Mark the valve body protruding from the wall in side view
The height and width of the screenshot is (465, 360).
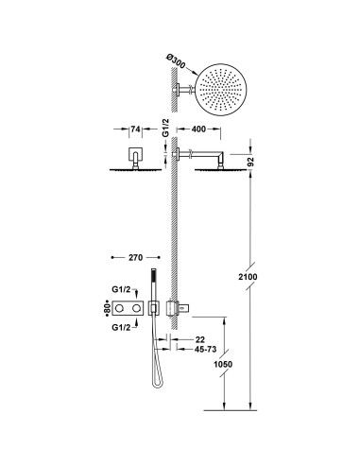pos(175,308)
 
